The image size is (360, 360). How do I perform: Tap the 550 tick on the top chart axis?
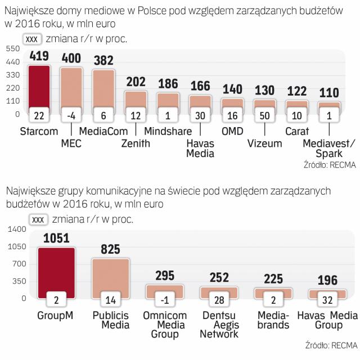click(13, 49)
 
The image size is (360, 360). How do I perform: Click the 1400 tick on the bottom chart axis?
click(17, 229)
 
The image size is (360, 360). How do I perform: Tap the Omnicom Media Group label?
click(164, 325)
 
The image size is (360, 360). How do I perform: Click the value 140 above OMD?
click(232, 89)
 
